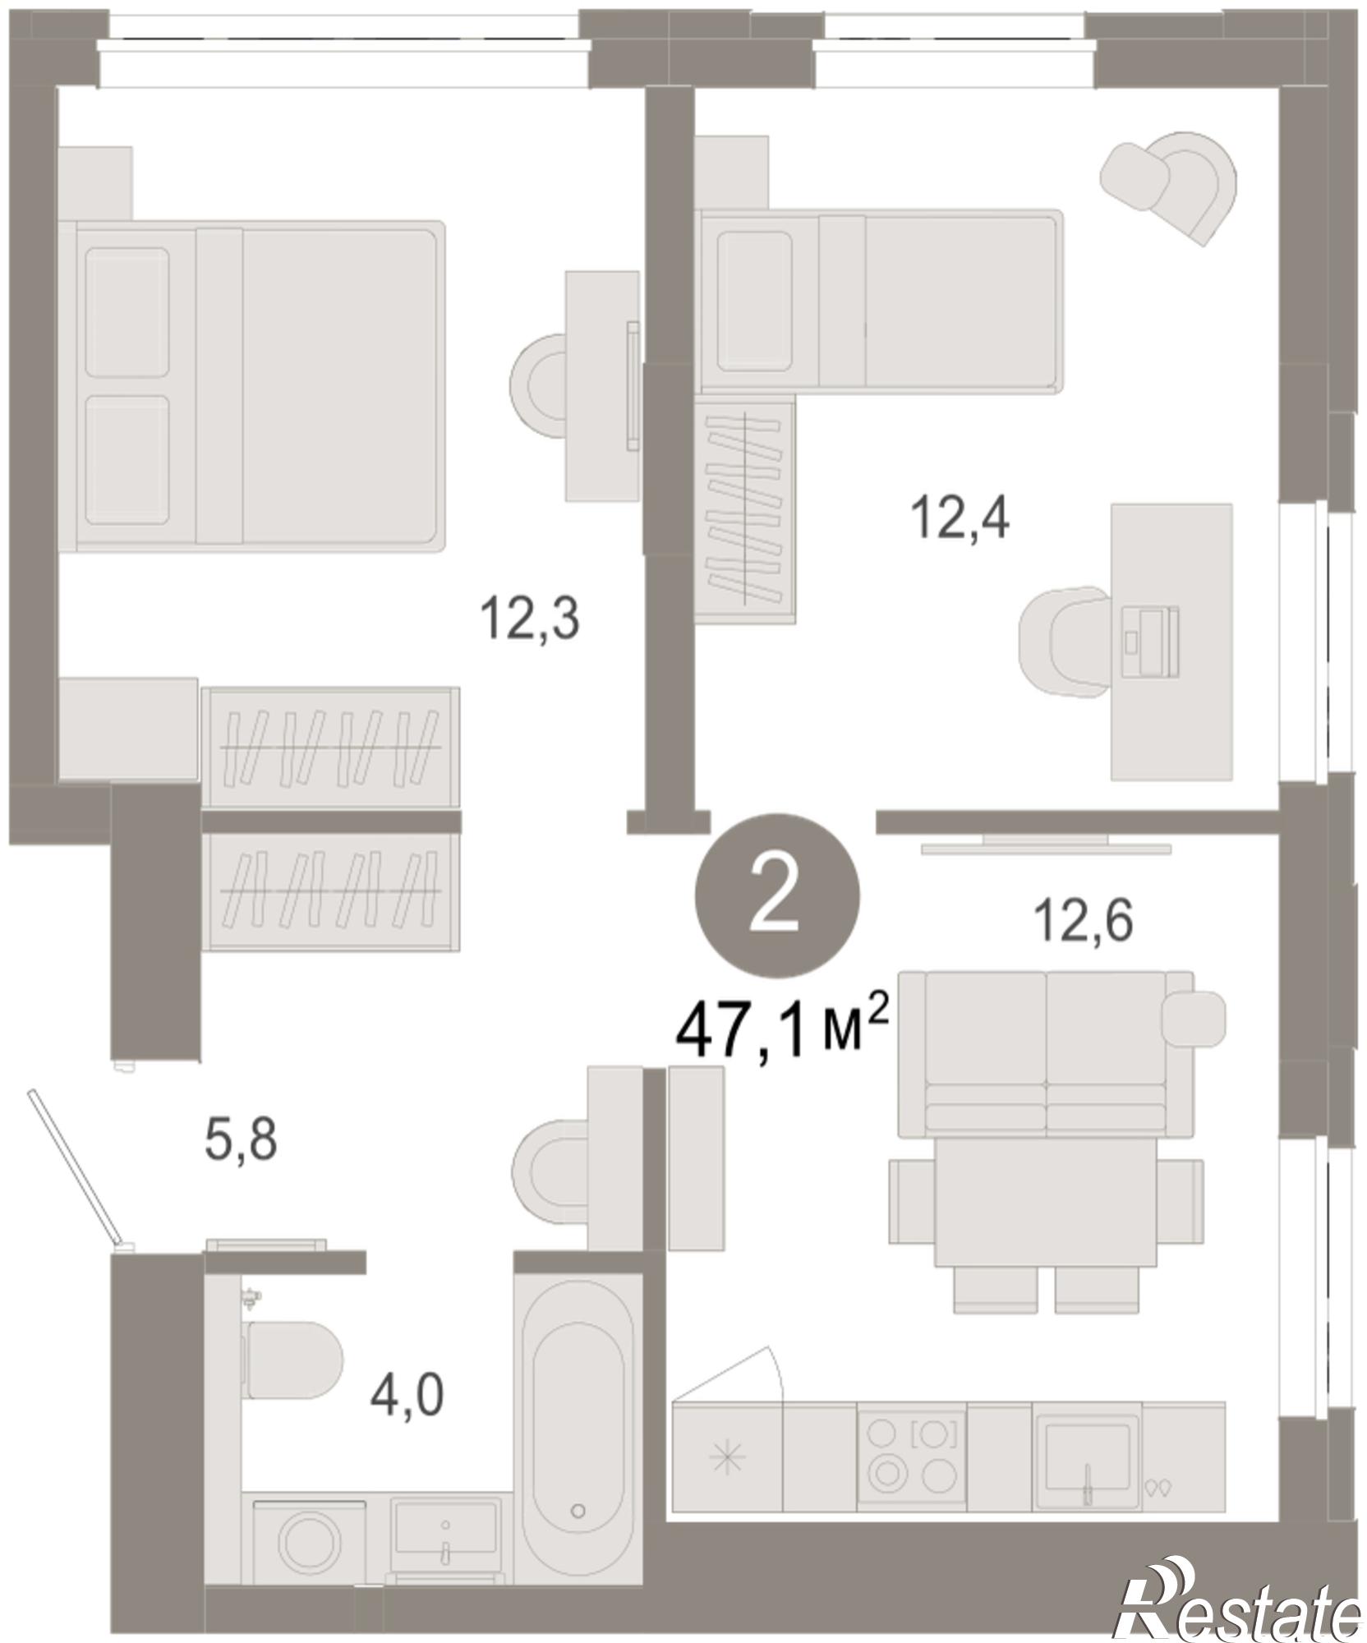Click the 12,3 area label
click(530, 619)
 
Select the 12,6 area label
click(1084, 920)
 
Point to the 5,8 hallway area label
click(241, 1141)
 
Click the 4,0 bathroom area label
click(407, 1395)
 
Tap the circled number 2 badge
click(777, 896)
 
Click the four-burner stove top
click(912, 1456)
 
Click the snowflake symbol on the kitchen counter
click(728, 1458)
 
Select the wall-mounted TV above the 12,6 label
click(1045, 844)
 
